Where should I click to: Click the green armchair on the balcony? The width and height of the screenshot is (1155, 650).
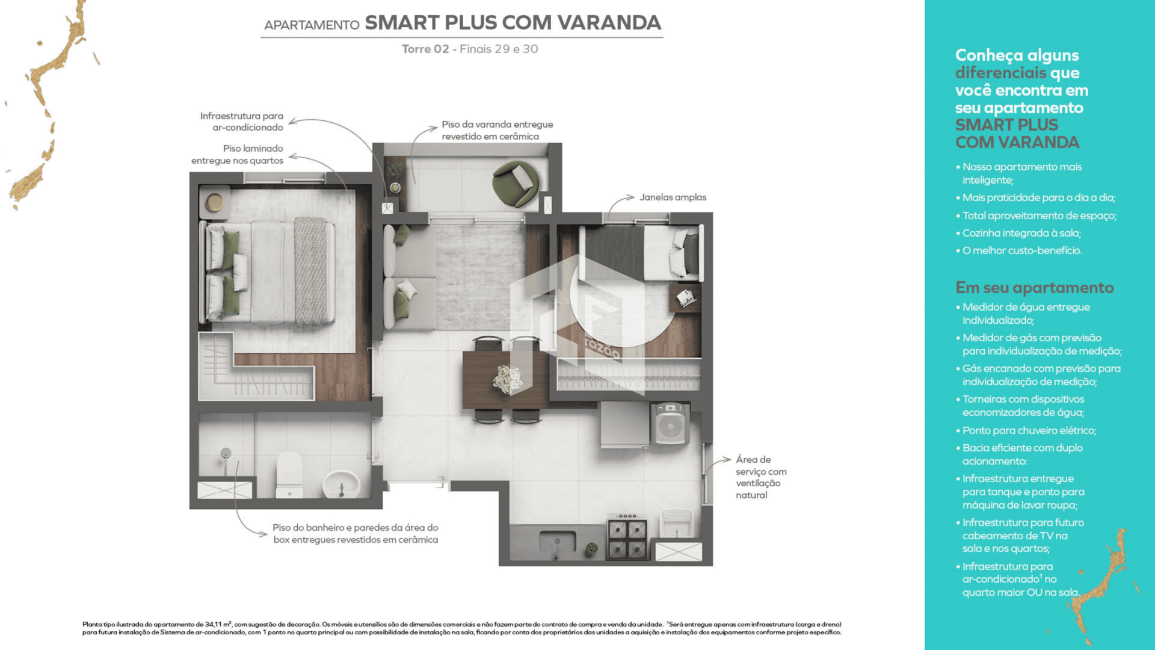[x=516, y=182]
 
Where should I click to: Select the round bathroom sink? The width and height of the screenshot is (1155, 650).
[x=341, y=483]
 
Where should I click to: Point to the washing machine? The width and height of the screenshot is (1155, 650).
[x=670, y=424]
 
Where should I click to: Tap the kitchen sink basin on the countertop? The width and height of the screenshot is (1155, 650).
[x=557, y=541]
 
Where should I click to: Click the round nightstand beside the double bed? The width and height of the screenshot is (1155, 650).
[x=215, y=202]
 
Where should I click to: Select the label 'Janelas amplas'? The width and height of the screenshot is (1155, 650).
[x=673, y=197]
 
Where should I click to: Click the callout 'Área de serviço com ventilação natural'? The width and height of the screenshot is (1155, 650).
[x=760, y=477]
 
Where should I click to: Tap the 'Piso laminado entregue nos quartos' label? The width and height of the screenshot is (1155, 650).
[x=238, y=155]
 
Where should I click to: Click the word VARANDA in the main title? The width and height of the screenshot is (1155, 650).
[x=609, y=23]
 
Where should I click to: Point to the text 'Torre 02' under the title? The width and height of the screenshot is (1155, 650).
[x=425, y=49]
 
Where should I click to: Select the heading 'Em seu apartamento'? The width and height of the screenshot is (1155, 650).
[x=1034, y=288]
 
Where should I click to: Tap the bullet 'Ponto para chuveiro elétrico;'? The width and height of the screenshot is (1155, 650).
[x=1029, y=430]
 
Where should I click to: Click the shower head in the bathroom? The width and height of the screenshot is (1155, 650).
[x=226, y=453]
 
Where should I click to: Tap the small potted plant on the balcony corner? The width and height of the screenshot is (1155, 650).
[x=395, y=188]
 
